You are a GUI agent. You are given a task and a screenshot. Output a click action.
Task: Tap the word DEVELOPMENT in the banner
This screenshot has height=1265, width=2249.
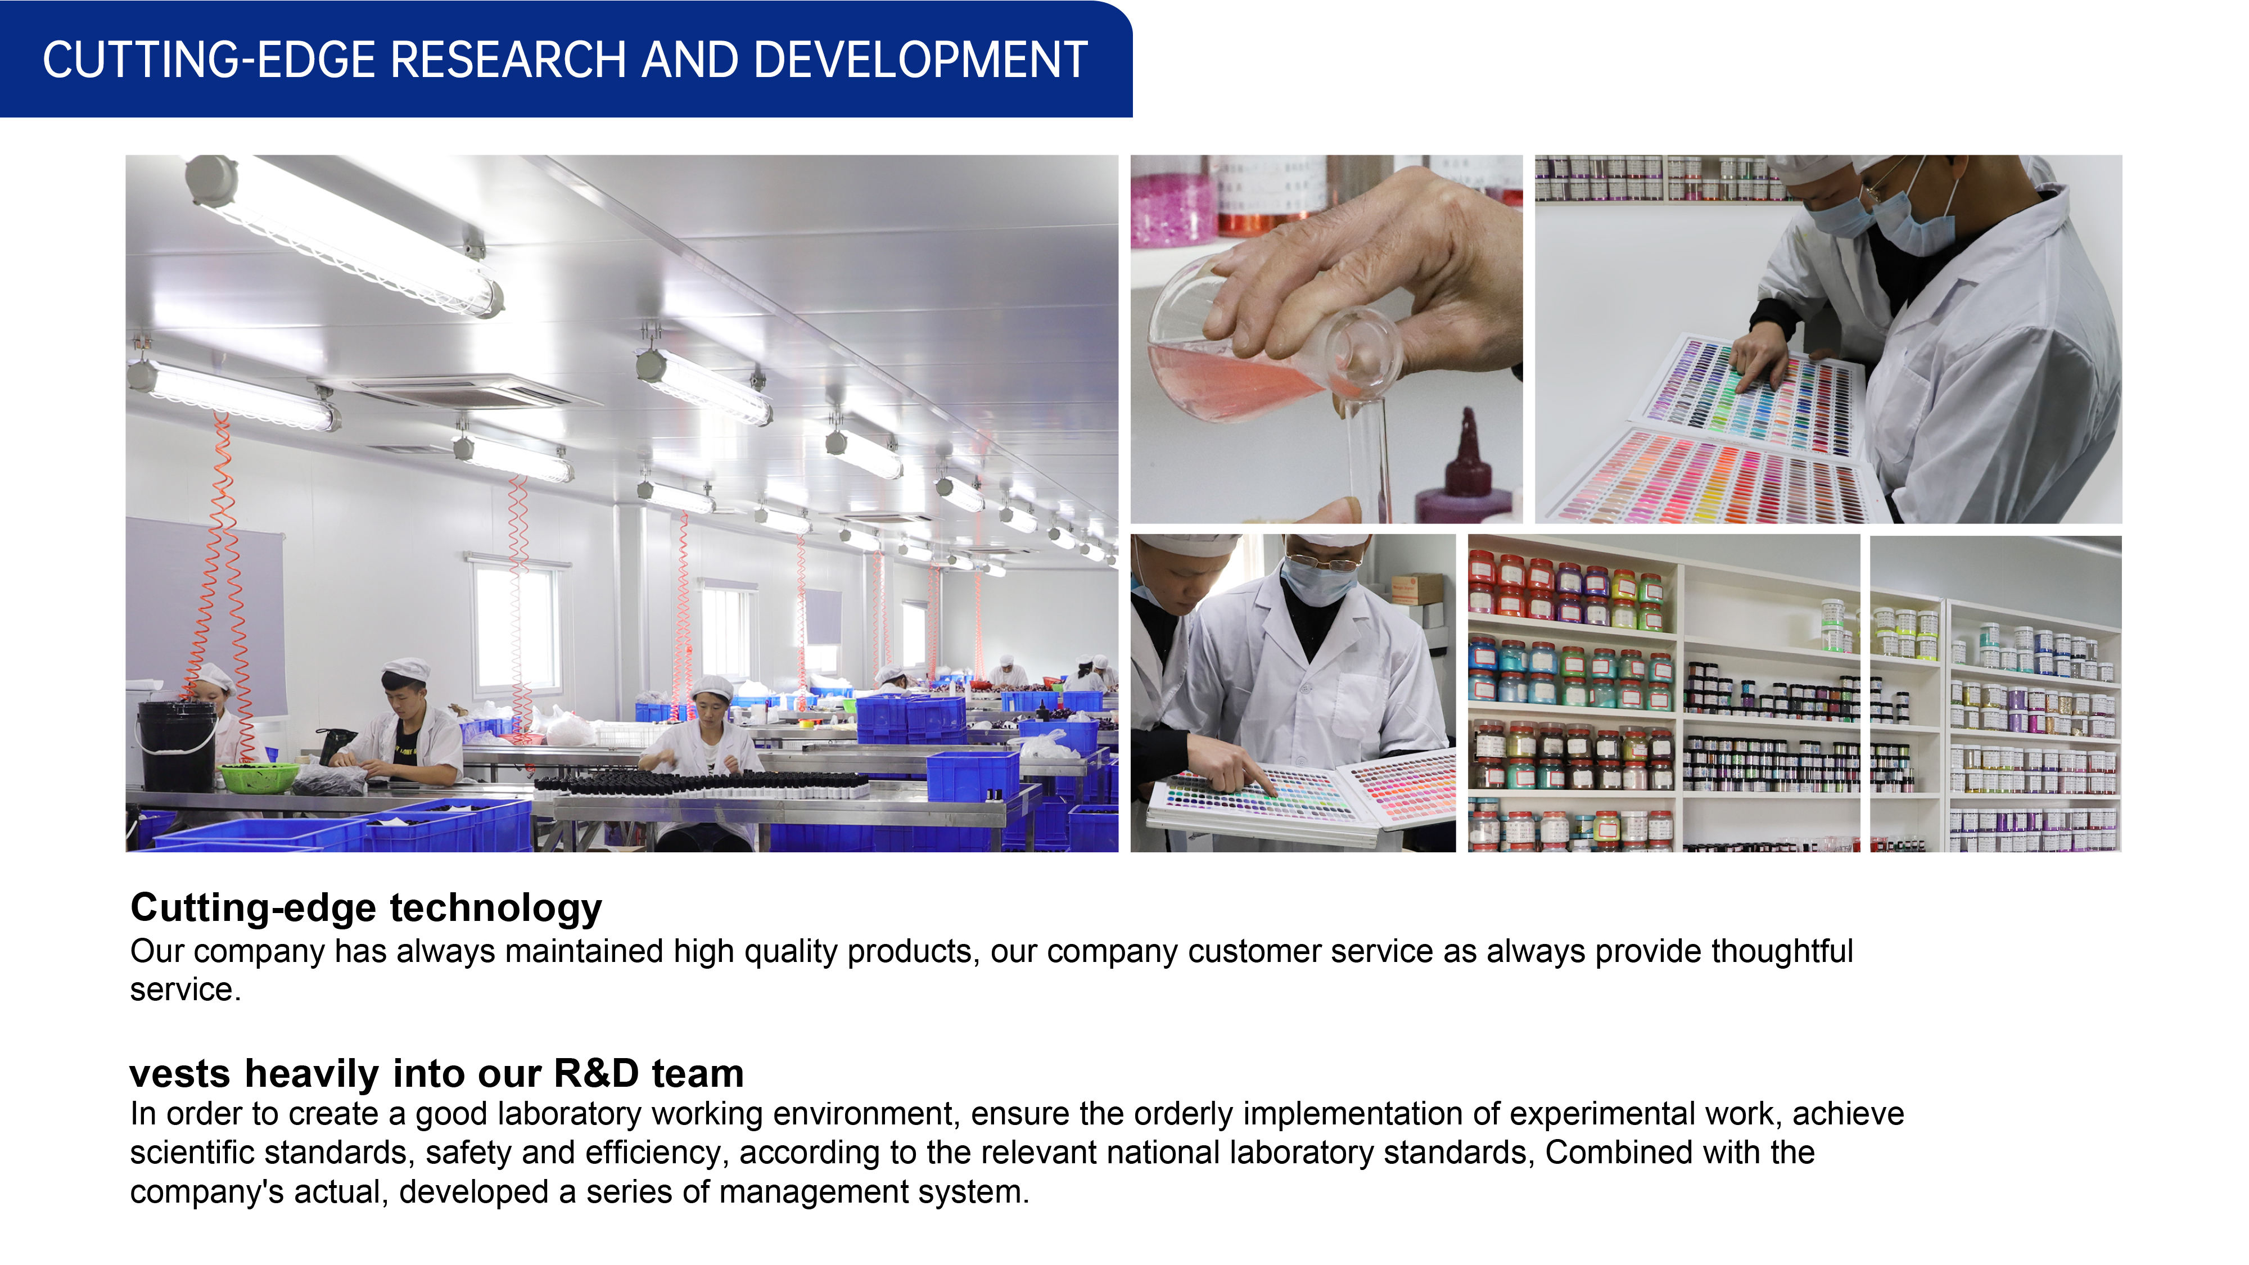point(920,60)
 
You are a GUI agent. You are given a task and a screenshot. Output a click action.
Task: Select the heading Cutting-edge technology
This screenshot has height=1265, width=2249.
point(366,908)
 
